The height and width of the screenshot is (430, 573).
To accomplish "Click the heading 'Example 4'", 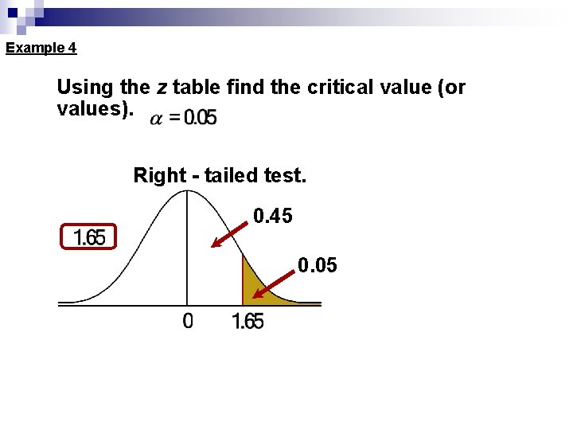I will [41, 48].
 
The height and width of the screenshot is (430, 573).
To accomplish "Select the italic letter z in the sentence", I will [168, 87].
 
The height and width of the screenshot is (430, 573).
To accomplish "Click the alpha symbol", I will [157, 118].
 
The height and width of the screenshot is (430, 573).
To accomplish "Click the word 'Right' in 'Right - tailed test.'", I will [159, 175].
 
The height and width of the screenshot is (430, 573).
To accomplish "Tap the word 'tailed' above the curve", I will [232, 175].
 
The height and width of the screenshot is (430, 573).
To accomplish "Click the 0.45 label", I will [273, 215].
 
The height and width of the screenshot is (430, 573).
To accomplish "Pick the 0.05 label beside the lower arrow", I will [318, 264].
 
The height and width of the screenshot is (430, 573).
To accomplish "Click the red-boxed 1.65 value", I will [88, 237].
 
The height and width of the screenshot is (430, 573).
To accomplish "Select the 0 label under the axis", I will [188, 321].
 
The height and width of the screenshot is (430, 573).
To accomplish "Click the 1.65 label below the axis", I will [248, 322].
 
